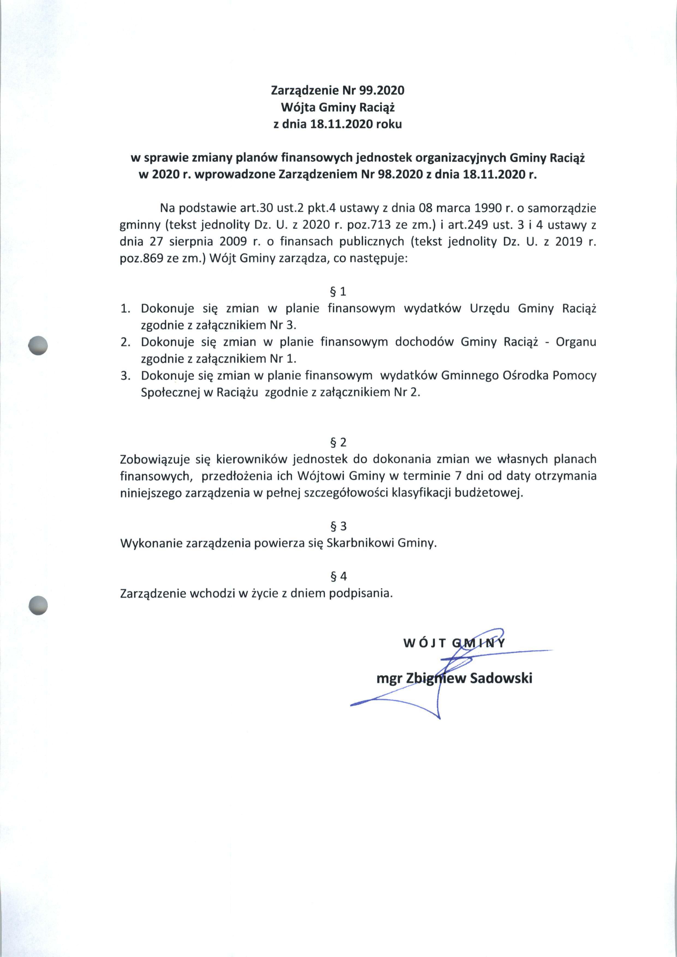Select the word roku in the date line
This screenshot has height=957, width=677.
pyautogui.click(x=389, y=124)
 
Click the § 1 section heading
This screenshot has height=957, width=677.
pyautogui.click(x=338, y=291)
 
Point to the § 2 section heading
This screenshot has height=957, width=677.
pyautogui.click(x=338, y=442)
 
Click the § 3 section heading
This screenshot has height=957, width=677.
pyautogui.click(x=338, y=526)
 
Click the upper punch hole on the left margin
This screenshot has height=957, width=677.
pyautogui.click(x=38, y=346)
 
